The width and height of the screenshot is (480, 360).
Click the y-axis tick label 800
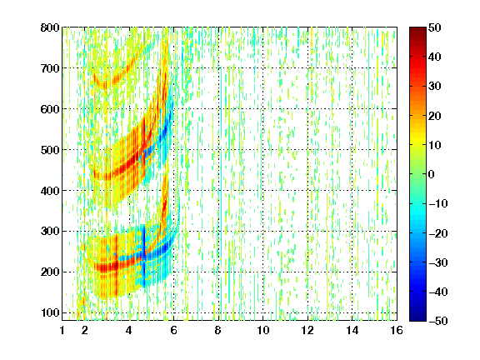pyautogui.click(x=50, y=27)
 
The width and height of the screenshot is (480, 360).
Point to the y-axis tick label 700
pyautogui.click(x=50, y=68)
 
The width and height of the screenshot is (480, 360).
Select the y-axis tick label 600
pyautogui.click(x=50, y=109)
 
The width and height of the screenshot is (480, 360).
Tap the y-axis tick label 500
pyautogui.click(x=50, y=150)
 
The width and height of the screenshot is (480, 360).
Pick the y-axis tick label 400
pyautogui.click(x=50, y=190)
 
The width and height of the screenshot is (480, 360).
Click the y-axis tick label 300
pyautogui.click(x=50, y=231)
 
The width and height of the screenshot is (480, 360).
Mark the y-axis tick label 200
pyautogui.click(x=50, y=272)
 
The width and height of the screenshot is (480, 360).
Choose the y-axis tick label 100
pyautogui.click(x=50, y=312)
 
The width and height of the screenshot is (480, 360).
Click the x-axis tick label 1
pyautogui.click(x=62, y=330)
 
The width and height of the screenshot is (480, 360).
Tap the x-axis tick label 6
pyautogui.click(x=174, y=330)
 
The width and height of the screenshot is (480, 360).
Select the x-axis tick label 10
pyautogui.click(x=263, y=330)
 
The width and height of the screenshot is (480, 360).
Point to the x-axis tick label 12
pyautogui.click(x=307, y=330)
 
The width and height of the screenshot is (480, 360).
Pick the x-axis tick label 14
pyautogui.click(x=352, y=330)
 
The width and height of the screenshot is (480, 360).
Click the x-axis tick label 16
pyautogui.click(x=397, y=330)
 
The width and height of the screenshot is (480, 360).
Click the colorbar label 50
pyautogui.click(x=435, y=27)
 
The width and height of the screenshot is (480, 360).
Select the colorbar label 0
pyautogui.click(x=432, y=174)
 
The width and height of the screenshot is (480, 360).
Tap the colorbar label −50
pyautogui.click(x=438, y=321)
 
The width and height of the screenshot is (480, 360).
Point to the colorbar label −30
pyautogui.click(x=438, y=262)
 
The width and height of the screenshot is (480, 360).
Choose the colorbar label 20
pyautogui.click(x=435, y=116)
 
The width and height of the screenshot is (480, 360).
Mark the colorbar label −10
pyautogui.click(x=438, y=203)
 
